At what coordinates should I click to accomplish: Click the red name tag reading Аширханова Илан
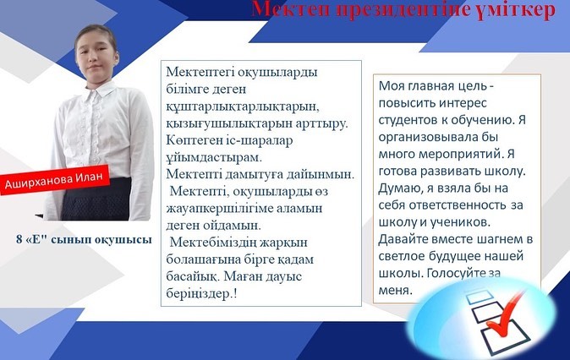point(54,180)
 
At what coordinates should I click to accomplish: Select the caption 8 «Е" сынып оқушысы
point(84,240)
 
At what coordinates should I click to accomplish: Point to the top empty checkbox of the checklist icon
point(480,297)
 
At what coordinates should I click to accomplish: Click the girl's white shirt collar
point(96,93)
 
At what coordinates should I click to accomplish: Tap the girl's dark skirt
point(96,199)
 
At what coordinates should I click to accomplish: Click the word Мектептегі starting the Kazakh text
point(200,73)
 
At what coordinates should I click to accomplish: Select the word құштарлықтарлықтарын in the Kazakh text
point(243,106)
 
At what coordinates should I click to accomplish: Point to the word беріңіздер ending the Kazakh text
point(199,293)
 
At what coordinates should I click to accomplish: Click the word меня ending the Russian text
point(394,291)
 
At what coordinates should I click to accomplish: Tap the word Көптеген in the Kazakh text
point(193,141)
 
